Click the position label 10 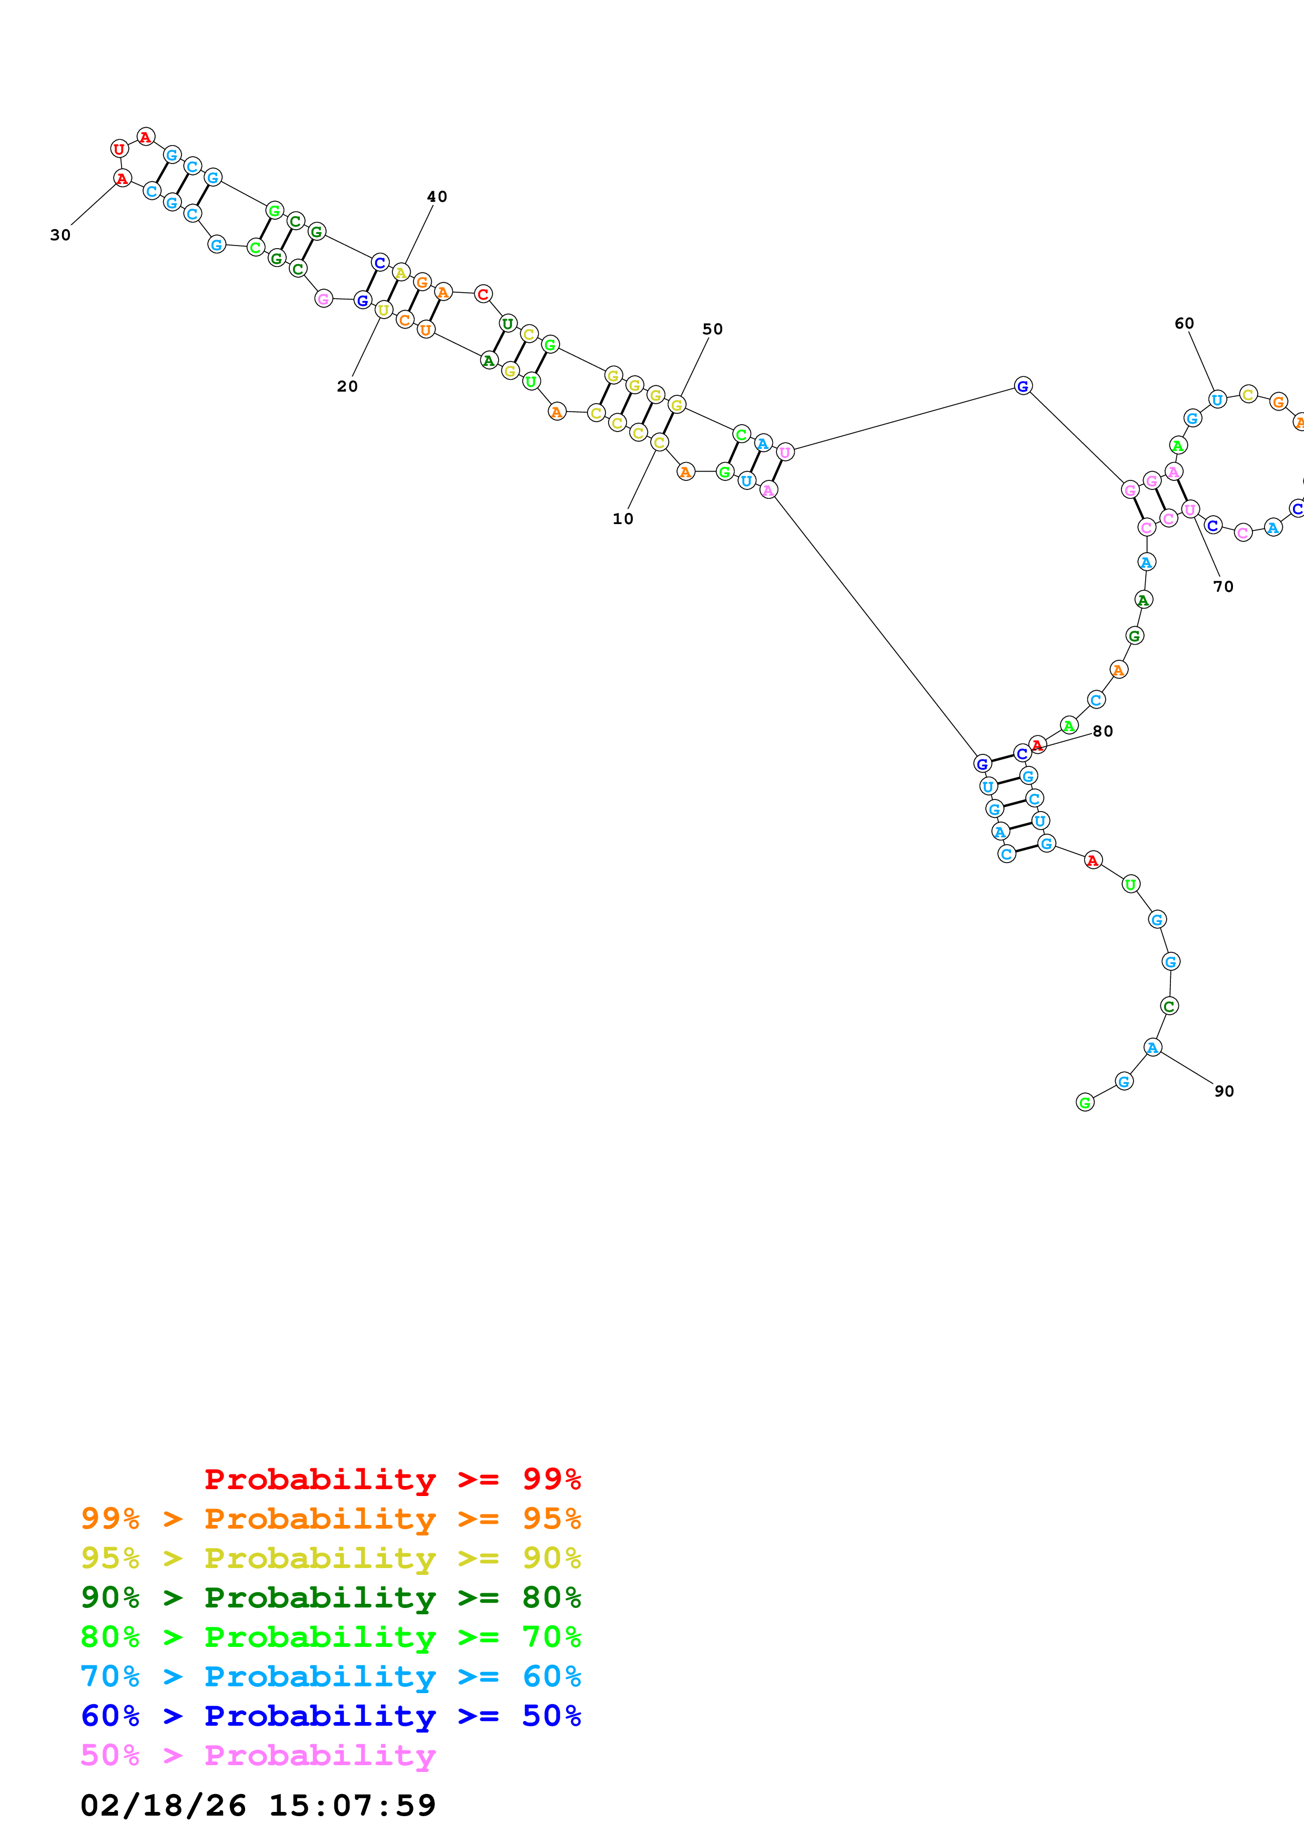623,519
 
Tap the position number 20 347,386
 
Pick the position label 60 1184,324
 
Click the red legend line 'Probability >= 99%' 392,1479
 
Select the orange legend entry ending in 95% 331,1519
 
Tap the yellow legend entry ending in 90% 331,1558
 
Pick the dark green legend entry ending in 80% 331,1597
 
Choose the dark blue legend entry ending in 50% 331,1716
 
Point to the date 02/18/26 163,1806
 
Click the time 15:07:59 352,1806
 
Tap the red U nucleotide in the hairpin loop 119,149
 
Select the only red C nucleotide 483,294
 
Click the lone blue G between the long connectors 1023,386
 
